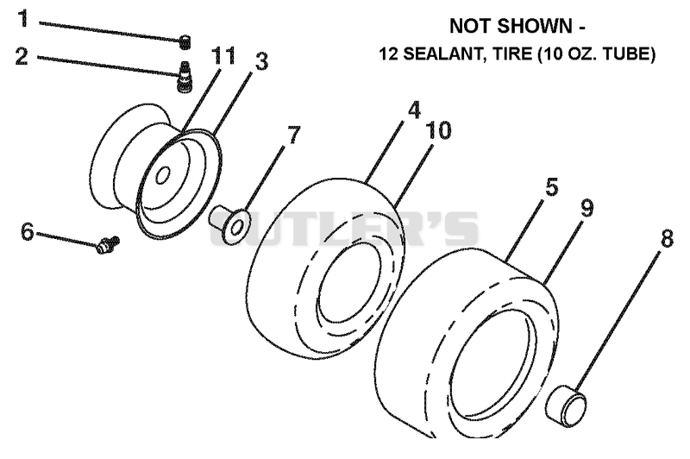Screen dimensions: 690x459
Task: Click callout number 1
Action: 23,18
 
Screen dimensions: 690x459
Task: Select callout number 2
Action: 22,57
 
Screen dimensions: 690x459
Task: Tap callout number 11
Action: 223,56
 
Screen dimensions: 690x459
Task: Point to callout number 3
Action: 262,61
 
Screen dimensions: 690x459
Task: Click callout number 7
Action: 293,135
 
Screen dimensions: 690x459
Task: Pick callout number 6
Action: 28,231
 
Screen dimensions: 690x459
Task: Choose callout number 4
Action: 414,110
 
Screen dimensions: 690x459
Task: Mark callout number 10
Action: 438,130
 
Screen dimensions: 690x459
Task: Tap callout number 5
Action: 551,187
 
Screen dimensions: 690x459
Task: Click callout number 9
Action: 587,208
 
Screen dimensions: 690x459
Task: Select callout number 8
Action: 667,239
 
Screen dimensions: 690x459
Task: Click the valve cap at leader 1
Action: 185,41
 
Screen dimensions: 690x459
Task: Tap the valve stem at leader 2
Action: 184,76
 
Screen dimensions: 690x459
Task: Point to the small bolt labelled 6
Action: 108,244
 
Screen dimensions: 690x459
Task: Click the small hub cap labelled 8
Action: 567,406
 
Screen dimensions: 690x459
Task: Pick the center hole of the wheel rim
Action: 163,175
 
